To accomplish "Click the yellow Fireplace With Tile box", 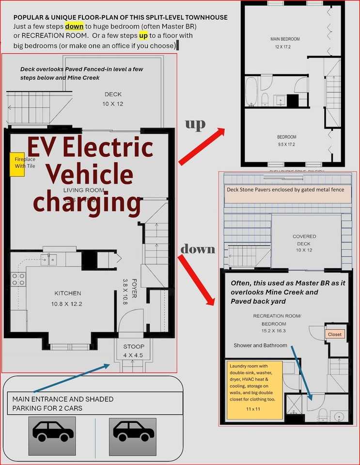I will pos(17,163).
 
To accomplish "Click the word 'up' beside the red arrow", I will pos(195,124).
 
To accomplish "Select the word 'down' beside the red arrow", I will pos(197,249).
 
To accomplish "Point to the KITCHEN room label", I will pos(68,293).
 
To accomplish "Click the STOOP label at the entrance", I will pos(133,347).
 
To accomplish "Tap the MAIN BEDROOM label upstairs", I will pos(285,39).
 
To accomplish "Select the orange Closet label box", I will pos(334,334).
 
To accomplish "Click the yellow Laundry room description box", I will pos(254,389).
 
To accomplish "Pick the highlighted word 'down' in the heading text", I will pos(74,26).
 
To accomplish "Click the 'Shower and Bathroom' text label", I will pos(260,345).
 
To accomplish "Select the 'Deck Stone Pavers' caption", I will pos(285,189).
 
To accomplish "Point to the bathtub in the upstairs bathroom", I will pos(251,92).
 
